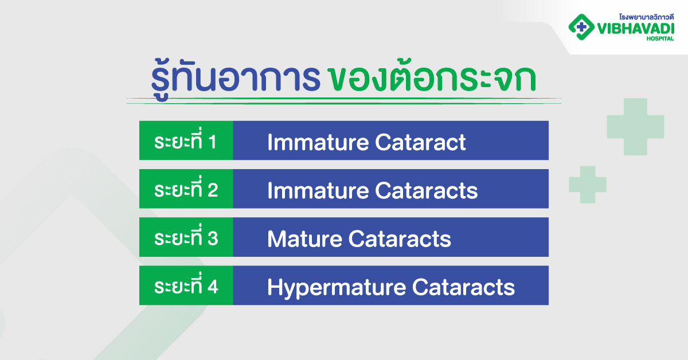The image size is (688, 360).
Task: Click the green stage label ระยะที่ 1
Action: pyautogui.click(x=185, y=140)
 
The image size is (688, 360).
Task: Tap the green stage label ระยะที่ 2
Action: pyautogui.click(x=186, y=189)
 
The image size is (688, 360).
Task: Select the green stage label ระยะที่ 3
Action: pyautogui.click(x=186, y=237)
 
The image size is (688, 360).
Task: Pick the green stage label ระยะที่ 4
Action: pyautogui.click(x=186, y=285)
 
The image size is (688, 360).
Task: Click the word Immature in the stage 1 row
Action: pyautogui.click(x=318, y=142)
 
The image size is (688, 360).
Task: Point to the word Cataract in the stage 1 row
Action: pyautogui.click(x=420, y=142)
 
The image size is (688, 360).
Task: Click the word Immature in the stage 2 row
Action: pyautogui.click(x=318, y=190)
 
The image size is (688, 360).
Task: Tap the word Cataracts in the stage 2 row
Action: pyautogui.click(x=427, y=190)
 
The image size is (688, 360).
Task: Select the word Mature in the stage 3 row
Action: pyautogui.click(x=304, y=238)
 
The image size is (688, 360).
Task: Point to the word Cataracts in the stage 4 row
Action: pyautogui.click(x=463, y=287)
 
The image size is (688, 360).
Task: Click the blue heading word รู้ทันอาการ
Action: pyautogui.click(x=236, y=79)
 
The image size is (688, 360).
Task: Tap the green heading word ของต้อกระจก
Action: pyautogui.click(x=432, y=77)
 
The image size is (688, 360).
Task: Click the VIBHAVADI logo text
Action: pyautogui.click(x=635, y=29)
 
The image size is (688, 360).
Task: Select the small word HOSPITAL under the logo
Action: pyautogui.click(x=660, y=38)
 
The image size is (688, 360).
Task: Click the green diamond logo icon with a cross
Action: pyautogui.click(x=581, y=27)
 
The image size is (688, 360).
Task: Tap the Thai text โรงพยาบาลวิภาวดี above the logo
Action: pyautogui.click(x=646, y=17)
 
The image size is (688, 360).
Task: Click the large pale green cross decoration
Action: pyautogui.click(x=635, y=127)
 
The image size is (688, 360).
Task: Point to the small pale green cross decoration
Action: pyautogui.click(x=588, y=185)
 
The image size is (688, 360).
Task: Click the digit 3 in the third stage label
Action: pyautogui.click(x=213, y=238)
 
